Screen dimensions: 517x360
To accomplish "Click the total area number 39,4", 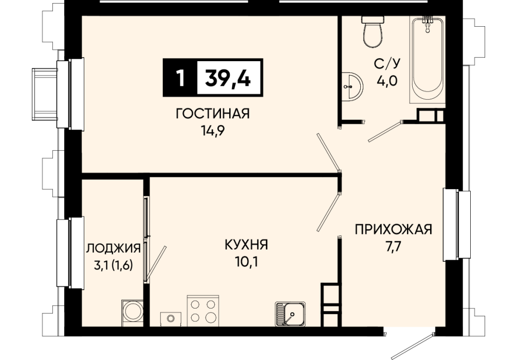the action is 228,79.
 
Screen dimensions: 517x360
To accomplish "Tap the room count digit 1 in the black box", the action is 180,78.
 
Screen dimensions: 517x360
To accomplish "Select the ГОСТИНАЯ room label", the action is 213,114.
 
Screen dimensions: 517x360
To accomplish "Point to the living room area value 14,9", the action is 213,131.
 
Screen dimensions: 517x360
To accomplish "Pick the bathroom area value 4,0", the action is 387,80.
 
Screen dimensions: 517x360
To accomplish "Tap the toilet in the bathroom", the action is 373,31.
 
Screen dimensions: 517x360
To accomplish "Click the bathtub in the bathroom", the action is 428,59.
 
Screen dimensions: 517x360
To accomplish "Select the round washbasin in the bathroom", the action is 352,86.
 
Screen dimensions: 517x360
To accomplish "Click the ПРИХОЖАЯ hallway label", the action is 393,229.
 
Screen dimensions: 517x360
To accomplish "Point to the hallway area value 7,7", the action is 393,246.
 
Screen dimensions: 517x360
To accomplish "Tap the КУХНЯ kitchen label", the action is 246,245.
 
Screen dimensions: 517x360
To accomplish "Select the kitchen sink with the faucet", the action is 290,314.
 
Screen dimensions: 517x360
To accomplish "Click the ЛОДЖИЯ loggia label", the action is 114,248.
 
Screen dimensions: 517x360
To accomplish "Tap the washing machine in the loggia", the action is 133,313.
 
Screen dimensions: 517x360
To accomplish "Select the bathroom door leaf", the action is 385,131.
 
